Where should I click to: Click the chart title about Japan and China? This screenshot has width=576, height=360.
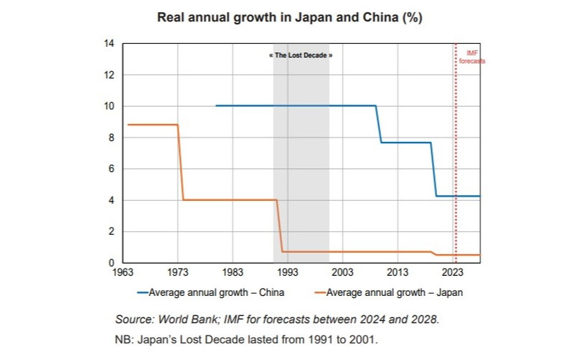[x=289, y=18]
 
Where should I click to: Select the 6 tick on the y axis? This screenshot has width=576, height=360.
[x=112, y=169]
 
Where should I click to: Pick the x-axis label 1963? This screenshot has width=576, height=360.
[x=123, y=274]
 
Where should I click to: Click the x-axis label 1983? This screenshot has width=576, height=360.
[x=232, y=274]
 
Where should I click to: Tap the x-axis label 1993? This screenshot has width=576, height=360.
[x=287, y=274]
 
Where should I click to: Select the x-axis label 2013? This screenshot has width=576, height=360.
[x=397, y=274]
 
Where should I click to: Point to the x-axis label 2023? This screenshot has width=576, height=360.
[x=452, y=274]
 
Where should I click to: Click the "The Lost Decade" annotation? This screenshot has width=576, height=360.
[x=301, y=55]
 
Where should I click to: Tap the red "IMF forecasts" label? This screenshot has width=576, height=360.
[x=472, y=58]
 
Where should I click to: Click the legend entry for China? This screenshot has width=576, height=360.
[x=216, y=292]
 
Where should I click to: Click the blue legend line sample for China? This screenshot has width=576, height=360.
[x=143, y=292]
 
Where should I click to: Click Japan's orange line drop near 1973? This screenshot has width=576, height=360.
[x=181, y=162]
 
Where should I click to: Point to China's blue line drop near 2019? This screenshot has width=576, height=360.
[x=433, y=169]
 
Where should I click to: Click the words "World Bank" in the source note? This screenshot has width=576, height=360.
[x=184, y=319]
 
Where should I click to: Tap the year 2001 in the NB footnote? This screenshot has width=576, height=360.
[x=374, y=338]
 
